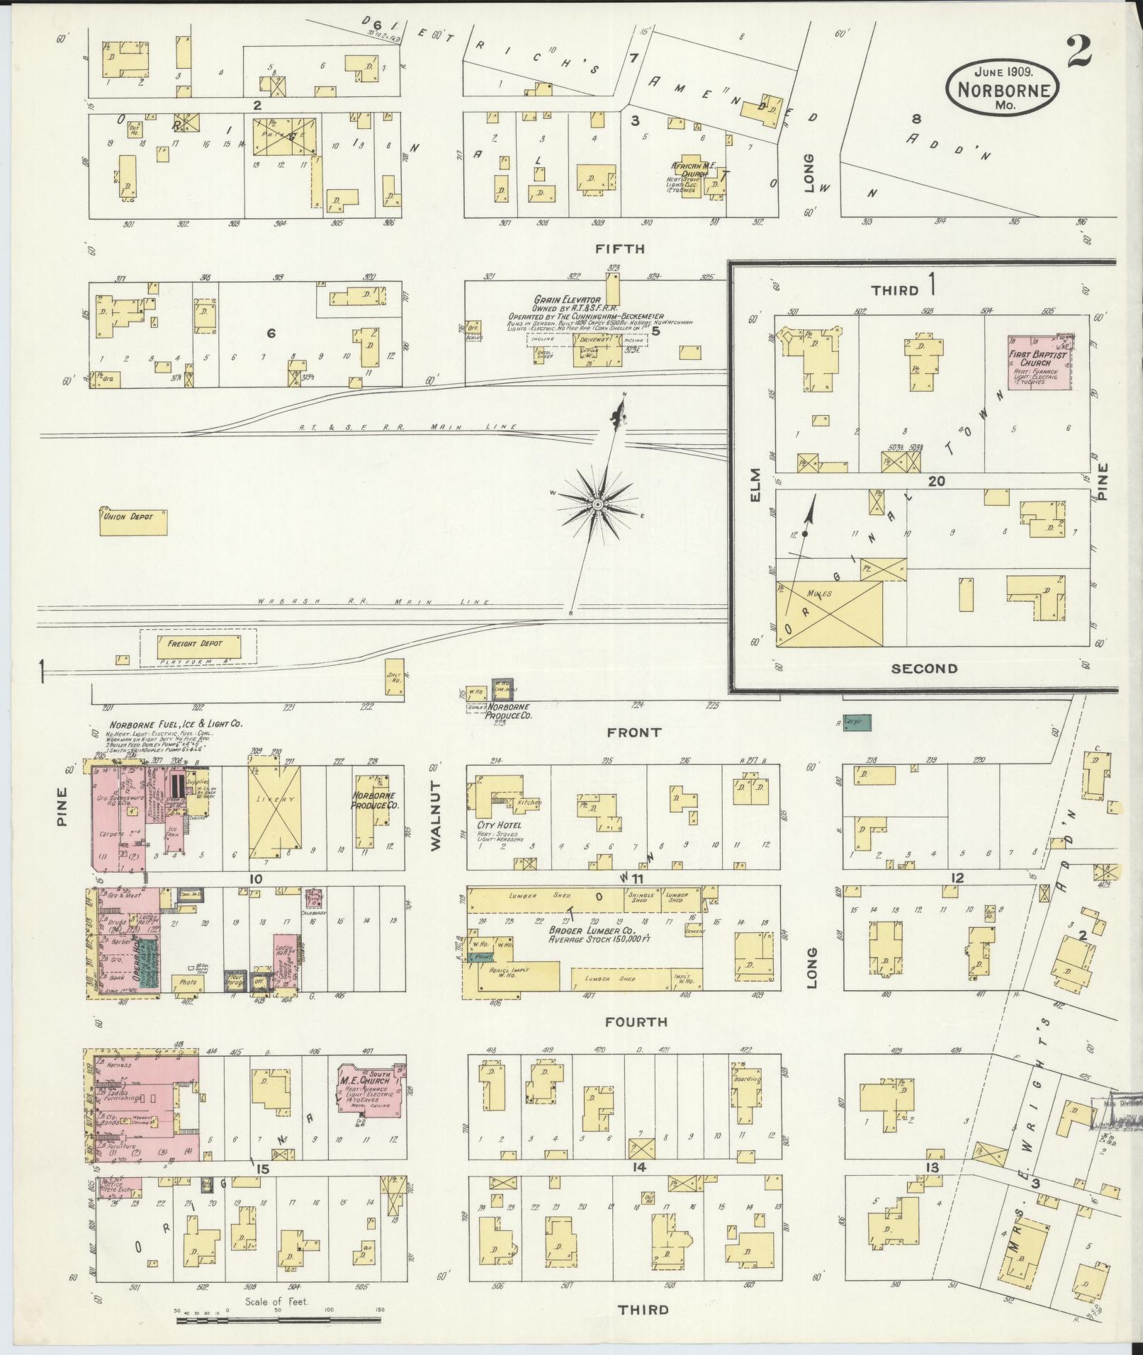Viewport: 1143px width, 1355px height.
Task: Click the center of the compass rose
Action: tap(597, 503)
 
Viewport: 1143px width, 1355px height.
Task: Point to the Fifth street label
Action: tap(620, 249)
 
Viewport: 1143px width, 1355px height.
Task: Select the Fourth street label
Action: tap(636, 1021)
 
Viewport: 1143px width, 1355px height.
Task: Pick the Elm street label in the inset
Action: tap(755, 485)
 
